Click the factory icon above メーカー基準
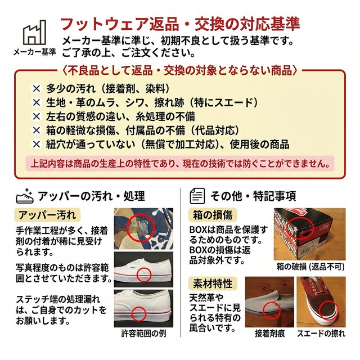tap(34, 33)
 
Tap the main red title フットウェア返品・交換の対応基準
tap(180, 24)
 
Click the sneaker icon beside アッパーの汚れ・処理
tap(25, 196)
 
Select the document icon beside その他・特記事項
tap(197, 196)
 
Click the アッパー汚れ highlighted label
tap(47, 215)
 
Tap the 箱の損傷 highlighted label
tap(213, 215)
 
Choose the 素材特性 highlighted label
tap(213, 283)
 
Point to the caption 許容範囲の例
tap(144, 334)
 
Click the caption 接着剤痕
tap(270, 334)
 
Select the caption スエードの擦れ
tap(321, 334)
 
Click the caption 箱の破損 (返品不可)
tap(310, 267)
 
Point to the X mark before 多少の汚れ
tap(36, 89)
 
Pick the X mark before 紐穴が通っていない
tap(36, 145)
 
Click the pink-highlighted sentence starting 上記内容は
tap(180, 164)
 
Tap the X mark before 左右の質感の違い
tap(36, 116)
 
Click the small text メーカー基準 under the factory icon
tap(35, 52)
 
